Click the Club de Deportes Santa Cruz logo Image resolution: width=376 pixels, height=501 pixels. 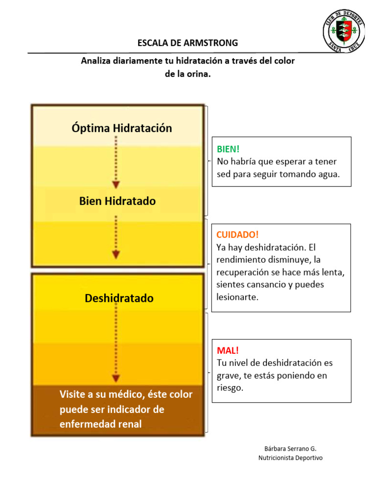[x=344, y=31]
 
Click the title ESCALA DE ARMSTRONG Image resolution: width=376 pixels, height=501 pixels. [x=188, y=43]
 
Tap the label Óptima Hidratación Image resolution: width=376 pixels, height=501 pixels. [x=122, y=128]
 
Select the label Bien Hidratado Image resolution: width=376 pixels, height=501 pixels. [x=117, y=201]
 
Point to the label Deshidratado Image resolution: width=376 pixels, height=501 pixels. [x=119, y=298]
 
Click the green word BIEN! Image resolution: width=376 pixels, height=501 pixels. [x=228, y=149]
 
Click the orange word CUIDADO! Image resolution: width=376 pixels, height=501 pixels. [x=237, y=235]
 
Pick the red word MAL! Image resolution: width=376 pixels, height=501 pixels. [x=228, y=350]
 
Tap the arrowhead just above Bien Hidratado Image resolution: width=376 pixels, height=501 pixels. [x=116, y=184]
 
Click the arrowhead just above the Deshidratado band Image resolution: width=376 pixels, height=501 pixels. [x=116, y=254]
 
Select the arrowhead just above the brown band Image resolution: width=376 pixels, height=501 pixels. [x=116, y=378]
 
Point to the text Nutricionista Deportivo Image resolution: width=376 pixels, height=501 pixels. [x=291, y=458]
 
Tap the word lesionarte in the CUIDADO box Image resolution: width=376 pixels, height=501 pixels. [x=237, y=297]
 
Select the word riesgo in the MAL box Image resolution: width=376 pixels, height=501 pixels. [x=230, y=388]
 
